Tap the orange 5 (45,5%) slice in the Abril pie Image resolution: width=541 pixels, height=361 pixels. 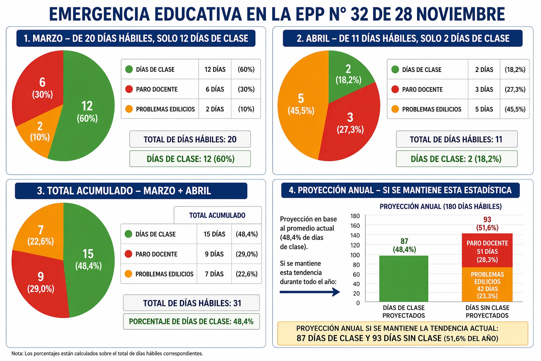299,106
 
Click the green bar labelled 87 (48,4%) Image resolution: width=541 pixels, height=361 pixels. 404,279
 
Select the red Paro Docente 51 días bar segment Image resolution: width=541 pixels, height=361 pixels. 487,251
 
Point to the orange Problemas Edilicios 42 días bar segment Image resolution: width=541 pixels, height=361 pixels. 487,285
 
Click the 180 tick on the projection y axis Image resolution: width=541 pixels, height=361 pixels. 355,216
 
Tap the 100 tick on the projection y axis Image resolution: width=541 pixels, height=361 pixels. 355,255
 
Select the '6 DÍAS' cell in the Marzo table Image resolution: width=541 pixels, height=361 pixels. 215,89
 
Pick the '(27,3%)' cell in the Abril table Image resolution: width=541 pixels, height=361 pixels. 515,90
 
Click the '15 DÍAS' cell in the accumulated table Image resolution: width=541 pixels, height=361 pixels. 214,234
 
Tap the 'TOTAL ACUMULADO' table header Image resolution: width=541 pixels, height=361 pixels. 217,215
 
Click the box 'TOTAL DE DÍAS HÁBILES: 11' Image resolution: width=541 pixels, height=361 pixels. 456,139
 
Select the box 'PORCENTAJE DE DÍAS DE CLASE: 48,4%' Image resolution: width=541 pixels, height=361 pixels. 191,322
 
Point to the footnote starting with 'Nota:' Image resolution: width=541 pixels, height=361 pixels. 107,354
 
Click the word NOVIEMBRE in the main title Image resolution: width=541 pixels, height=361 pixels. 460,14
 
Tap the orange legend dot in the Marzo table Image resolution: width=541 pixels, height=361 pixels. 129,109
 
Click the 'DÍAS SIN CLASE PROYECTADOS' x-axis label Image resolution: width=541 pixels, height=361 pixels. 487,312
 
